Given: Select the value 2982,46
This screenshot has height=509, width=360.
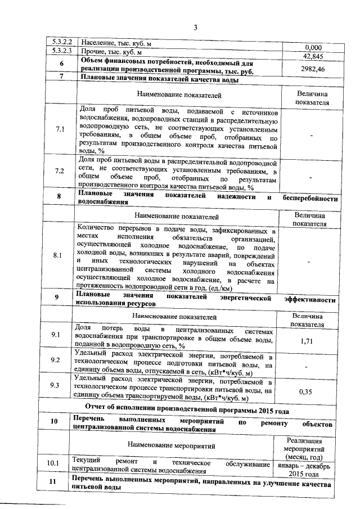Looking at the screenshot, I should [x=313, y=68].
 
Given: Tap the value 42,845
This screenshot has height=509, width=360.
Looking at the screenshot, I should [x=313, y=56].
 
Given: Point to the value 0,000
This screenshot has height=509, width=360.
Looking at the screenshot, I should [x=313, y=48].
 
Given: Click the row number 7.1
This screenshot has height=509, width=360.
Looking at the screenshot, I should [x=61, y=130].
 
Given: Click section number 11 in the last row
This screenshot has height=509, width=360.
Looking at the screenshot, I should [x=54, y=483].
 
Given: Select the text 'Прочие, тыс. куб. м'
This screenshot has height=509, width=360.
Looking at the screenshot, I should [x=111, y=52].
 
